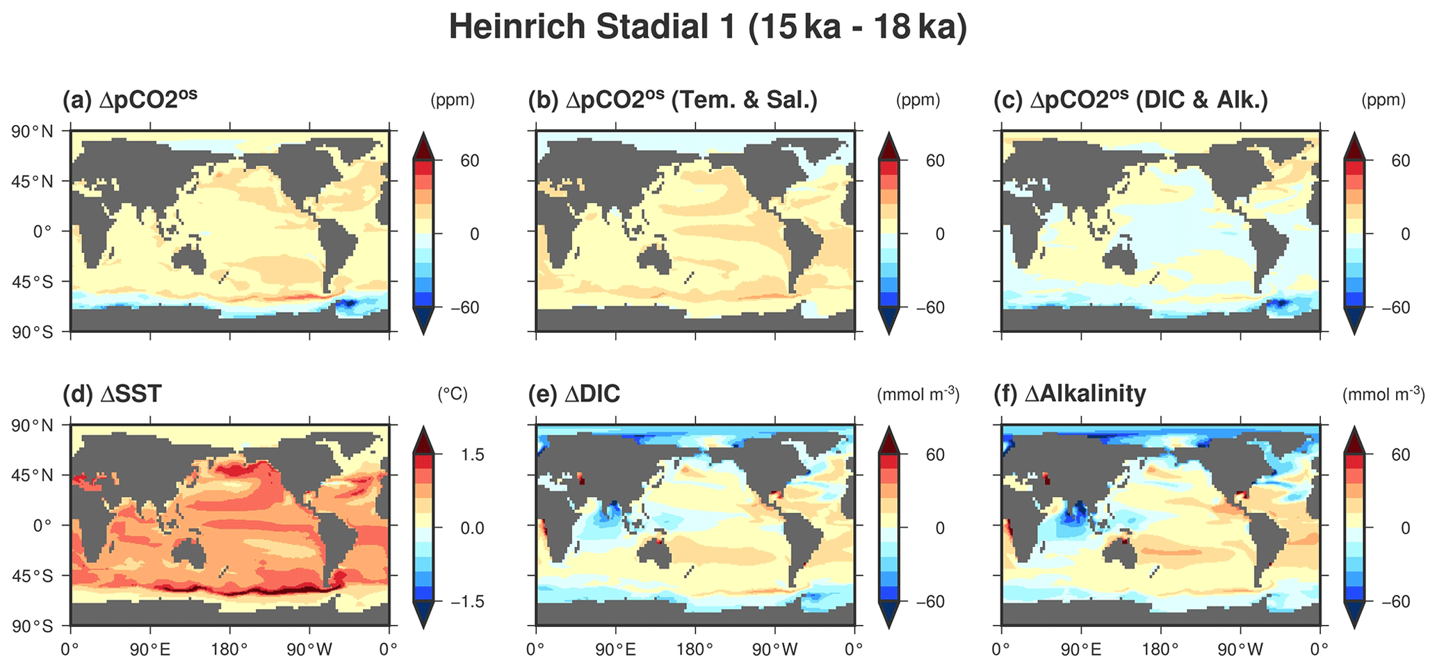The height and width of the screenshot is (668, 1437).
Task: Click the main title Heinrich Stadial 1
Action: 708,28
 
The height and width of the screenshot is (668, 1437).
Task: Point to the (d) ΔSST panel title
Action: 112,394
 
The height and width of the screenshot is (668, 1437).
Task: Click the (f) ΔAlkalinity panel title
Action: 1073,394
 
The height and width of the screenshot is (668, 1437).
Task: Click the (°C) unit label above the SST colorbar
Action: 453,394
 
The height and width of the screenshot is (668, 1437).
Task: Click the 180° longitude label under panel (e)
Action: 695,649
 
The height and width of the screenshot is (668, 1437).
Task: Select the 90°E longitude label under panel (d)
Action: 150,649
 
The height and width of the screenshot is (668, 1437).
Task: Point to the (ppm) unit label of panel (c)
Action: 1383,100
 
